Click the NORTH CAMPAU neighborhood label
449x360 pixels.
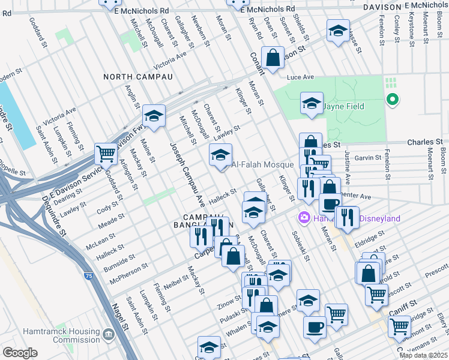tap(137, 77)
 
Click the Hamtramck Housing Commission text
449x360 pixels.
tap(61, 336)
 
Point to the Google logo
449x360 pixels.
tap(19, 352)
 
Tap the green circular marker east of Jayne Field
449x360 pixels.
tap(393, 100)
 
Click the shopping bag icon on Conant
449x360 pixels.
tap(273, 58)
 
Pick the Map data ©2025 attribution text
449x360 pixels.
tap(423, 355)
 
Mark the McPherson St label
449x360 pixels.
tap(128, 271)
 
